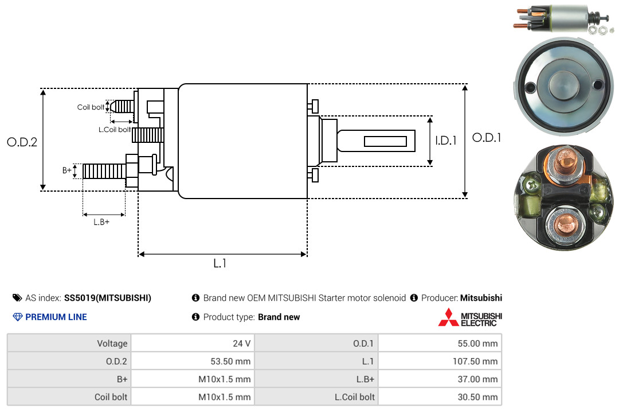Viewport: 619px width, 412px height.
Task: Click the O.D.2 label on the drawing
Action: click(22, 142)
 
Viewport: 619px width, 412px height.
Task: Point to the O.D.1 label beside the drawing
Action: click(487, 138)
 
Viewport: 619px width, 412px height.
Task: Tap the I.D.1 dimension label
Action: click(446, 141)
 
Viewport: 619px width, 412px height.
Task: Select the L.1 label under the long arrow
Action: click(220, 263)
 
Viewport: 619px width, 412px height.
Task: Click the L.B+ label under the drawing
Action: click(101, 222)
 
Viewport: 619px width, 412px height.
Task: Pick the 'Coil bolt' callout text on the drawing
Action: click(91, 107)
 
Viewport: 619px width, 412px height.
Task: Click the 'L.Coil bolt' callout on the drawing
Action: click(115, 129)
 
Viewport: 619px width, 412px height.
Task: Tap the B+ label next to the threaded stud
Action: click(67, 170)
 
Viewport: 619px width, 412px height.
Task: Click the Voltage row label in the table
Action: click(112, 344)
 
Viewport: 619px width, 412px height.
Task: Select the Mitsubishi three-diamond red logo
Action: click(448, 317)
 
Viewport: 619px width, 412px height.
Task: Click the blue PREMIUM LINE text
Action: click(56, 317)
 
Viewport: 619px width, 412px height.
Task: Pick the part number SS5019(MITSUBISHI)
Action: click(108, 298)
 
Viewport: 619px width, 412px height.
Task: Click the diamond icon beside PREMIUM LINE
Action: click(18, 317)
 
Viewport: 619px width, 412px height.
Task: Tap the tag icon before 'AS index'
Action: click(17, 298)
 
